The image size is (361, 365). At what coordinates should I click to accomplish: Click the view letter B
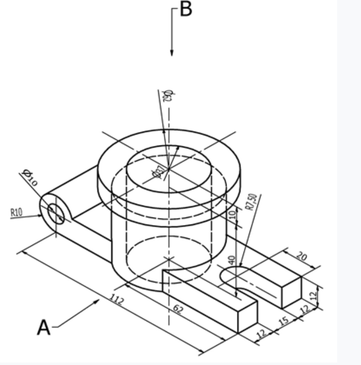coord(186,9)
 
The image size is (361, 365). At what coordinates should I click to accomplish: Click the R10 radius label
coord(17,212)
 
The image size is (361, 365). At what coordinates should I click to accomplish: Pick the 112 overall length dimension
coord(117,300)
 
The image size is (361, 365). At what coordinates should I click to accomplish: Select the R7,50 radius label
coord(252,202)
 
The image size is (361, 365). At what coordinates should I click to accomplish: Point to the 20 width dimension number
coord(302,256)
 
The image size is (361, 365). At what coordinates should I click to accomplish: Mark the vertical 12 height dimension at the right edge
coord(314,296)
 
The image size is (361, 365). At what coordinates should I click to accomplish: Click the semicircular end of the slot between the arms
coord(227,274)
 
